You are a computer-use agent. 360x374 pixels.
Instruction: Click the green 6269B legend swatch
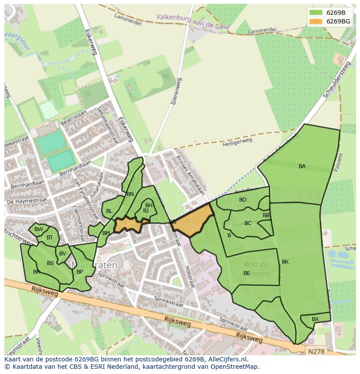pyautogui.click(x=316, y=13)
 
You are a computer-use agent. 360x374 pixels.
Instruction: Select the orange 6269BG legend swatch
pyautogui.click(x=316, y=21)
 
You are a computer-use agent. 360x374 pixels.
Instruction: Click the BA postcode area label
pyautogui.click(x=302, y=166)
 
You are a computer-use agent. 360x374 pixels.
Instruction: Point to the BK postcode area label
pyautogui.click(x=285, y=262)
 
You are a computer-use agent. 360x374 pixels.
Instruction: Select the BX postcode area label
pyautogui.click(x=315, y=319)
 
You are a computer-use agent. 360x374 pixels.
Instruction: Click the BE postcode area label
pyautogui.click(x=247, y=273)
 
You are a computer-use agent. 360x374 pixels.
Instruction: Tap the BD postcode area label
pyautogui.click(x=243, y=200)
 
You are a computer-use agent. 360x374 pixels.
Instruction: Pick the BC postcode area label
pyautogui.click(x=247, y=223)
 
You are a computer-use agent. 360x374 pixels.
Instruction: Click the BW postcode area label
pyautogui.click(x=38, y=229)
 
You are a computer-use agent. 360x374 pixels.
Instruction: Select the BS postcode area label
pyautogui.click(x=50, y=263)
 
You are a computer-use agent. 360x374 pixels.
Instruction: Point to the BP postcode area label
pyautogui.click(x=80, y=272)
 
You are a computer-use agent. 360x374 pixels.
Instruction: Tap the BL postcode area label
pyautogui.click(x=109, y=211)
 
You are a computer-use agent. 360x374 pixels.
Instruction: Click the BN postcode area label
pyautogui.click(x=130, y=194)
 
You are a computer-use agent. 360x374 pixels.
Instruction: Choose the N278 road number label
pyautogui.click(x=316, y=350)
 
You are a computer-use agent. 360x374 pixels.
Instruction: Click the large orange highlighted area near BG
pyautogui.click(x=193, y=220)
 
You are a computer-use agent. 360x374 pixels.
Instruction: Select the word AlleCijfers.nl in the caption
pyautogui.click(x=228, y=360)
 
